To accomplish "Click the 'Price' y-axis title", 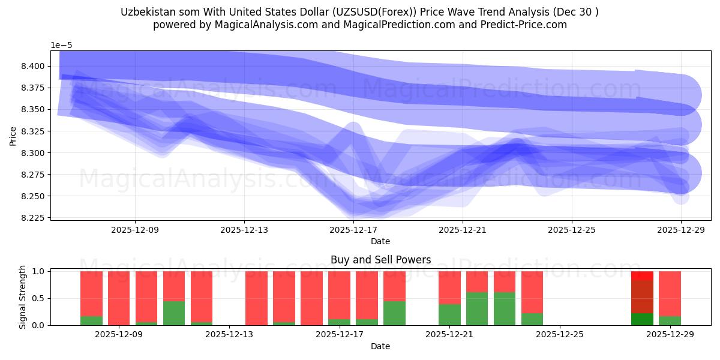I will pyautogui.click(x=13, y=136).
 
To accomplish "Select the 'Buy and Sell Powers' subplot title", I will pyautogui.click(x=380, y=260).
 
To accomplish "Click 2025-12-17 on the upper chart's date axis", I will pyautogui.click(x=353, y=229).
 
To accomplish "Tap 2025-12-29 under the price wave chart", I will pyautogui.click(x=680, y=229).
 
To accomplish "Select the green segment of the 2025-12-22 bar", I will pyautogui.click(x=477, y=309).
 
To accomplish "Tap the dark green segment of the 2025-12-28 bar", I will pyautogui.click(x=642, y=319).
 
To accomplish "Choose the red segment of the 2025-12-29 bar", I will pyautogui.click(x=670, y=293).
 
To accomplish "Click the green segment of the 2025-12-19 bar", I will pyautogui.click(x=394, y=313).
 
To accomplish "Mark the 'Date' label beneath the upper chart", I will pyautogui.click(x=380, y=241).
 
